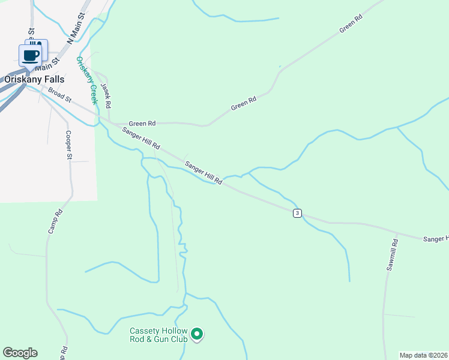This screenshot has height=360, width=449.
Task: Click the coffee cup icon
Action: (30, 56)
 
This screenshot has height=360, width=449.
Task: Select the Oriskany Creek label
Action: (86, 80)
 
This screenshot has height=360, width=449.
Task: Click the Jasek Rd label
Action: (106, 95)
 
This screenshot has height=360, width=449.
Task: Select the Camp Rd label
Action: (55, 221)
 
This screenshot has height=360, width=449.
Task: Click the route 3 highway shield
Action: (297, 214)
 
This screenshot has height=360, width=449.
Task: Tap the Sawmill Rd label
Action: (392, 254)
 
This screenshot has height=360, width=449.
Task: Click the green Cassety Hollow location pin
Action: (197, 334)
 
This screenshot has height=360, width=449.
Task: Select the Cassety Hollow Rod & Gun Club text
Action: (159, 335)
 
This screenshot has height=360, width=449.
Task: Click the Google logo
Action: (20, 353)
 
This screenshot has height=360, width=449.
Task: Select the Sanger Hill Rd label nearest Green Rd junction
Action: (142, 138)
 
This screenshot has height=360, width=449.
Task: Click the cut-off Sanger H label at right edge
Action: (435, 239)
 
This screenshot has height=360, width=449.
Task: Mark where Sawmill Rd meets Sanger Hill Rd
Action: (396, 233)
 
